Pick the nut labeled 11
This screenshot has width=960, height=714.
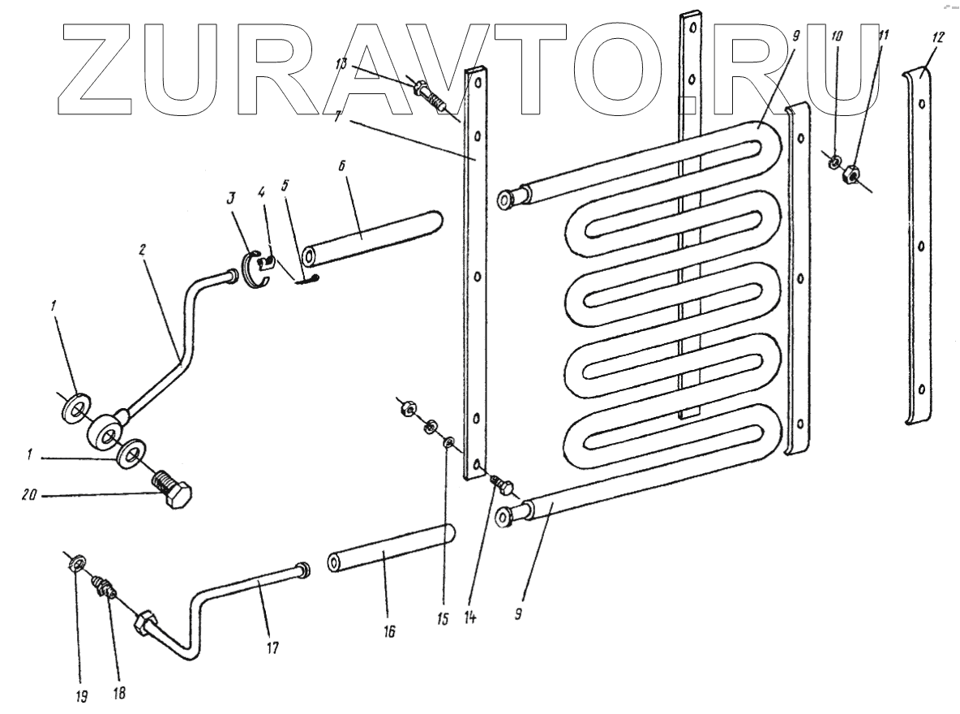[x=851, y=174]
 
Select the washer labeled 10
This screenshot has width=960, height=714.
[x=833, y=162]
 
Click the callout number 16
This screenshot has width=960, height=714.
[x=390, y=630]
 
